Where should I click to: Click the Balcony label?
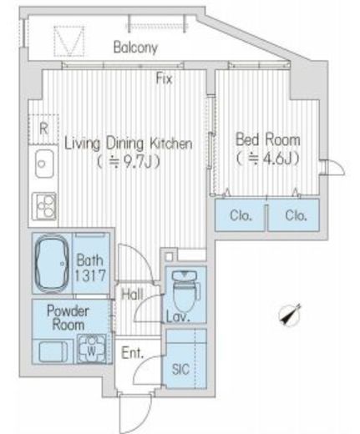[x=135, y=48]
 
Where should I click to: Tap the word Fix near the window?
[x=164, y=78]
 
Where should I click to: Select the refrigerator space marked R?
[x=43, y=129]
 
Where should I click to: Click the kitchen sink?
[x=44, y=164]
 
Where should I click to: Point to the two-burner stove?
[x=44, y=206]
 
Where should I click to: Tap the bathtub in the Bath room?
[x=52, y=264]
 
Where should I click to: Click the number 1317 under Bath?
[x=89, y=275]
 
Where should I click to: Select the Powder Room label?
[x=68, y=318]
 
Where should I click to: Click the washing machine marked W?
[x=91, y=349]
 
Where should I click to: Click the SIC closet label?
[x=180, y=369]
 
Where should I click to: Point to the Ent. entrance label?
[x=132, y=353]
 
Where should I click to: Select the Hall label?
[x=132, y=295]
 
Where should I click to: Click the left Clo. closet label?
[x=241, y=215]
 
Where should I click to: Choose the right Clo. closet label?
[x=296, y=215]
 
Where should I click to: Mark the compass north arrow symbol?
[x=290, y=315]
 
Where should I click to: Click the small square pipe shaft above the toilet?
[x=169, y=256]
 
